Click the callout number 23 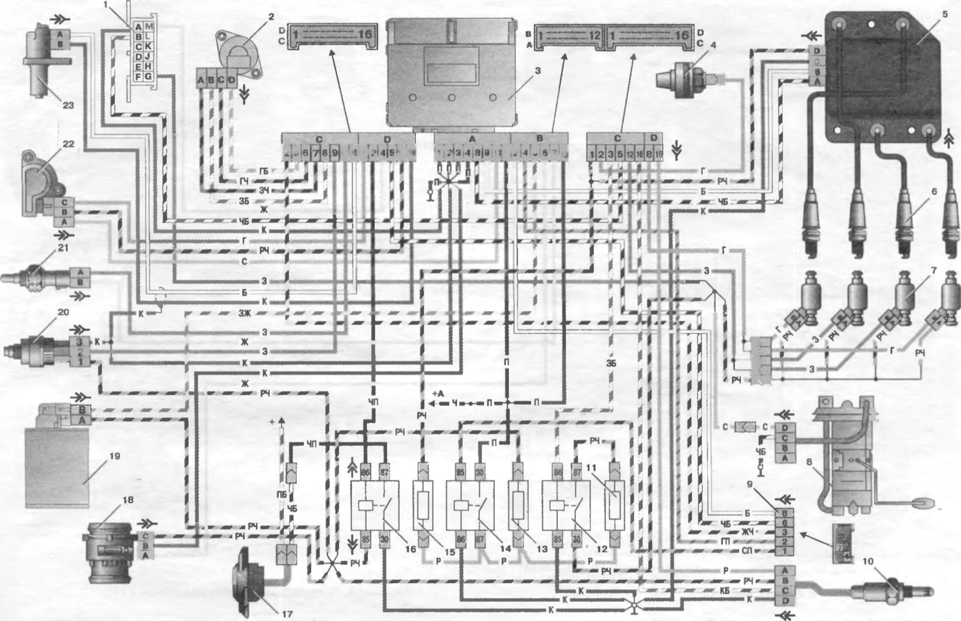[68, 105]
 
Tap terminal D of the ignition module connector [817, 51]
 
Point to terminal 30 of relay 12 [577, 540]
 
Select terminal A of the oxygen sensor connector [785, 570]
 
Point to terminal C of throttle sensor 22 [64, 202]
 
